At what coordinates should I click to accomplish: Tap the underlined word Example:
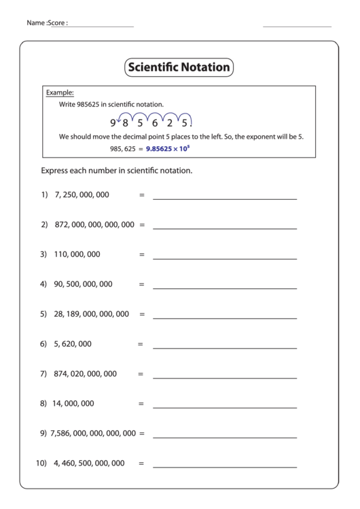pyautogui.click(x=60, y=92)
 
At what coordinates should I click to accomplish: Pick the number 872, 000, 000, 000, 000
pyautogui.click(x=94, y=224)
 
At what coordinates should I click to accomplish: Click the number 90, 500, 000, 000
pyautogui.click(x=83, y=284)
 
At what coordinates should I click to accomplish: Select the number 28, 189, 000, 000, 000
pyautogui.click(x=91, y=314)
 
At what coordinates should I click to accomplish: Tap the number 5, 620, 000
pyautogui.click(x=73, y=344)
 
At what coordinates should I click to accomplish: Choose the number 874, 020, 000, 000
pyautogui.click(x=86, y=374)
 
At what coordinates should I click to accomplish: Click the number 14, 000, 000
pyautogui.click(x=74, y=404)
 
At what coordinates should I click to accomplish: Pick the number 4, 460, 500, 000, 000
pyautogui.click(x=89, y=463)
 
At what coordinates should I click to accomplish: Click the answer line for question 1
pyautogui.click(x=225, y=198)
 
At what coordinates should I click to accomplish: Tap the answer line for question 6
pyautogui.click(x=225, y=348)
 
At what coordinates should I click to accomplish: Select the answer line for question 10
pyautogui.click(x=225, y=468)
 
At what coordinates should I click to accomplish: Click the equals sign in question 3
pyautogui.click(x=142, y=255)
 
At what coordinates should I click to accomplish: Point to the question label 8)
pyautogui.click(x=44, y=404)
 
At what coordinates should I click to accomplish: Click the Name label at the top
pyautogui.click(x=36, y=23)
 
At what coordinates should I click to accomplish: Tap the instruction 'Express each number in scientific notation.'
pyautogui.click(x=117, y=171)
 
